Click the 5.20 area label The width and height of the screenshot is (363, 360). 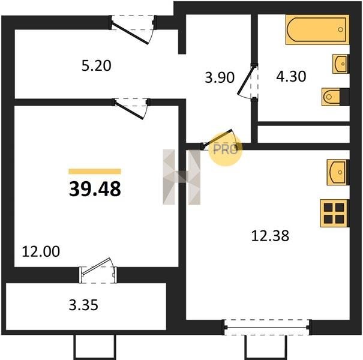pyautogui.click(x=97, y=65)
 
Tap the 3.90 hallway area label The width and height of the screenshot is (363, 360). pyautogui.click(x=220, y=77)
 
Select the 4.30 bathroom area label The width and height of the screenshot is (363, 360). pyautogui.click(x=291, y=76)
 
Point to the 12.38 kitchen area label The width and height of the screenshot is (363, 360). pyautogui.click(x=270, y=236)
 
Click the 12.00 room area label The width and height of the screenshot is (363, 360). pyautogui.click(x=41, y=251)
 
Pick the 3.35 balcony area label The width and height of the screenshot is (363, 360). pyautogui.click(x=83, y=305)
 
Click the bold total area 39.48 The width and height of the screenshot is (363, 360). pyautogui.click(x=95, y=188)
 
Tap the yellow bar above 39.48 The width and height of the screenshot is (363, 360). pyautogui.click(x=95, y=172)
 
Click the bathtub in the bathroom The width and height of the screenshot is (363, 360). pyautogui.click(x=317, y=29)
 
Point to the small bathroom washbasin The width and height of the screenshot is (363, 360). pyautogui.click(x=340, y=64)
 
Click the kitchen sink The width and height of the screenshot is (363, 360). pyautogui.click(x=338, y=172)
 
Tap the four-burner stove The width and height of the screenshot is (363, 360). pyautogui.click(x=334, y=213)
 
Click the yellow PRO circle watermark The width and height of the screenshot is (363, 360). pyautogui.click(x=226, y=149)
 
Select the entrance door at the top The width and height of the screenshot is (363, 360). pyautogui.click(x=133, y=29)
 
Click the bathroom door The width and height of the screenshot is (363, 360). pyautogui.click(x=248, y=82)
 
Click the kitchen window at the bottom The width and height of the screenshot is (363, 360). pyautogui.click(x=266, y=328)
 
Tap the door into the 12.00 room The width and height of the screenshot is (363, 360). pyautogui.click(x=131, y=109)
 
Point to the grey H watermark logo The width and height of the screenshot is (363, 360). pyautogui.click(x=181, y=177)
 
